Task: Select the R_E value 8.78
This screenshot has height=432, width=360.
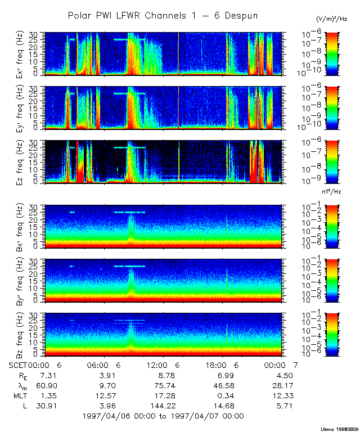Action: [163, 375]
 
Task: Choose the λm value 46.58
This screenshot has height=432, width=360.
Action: [223, 385]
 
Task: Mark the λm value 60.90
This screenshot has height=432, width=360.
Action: [43, 385]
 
